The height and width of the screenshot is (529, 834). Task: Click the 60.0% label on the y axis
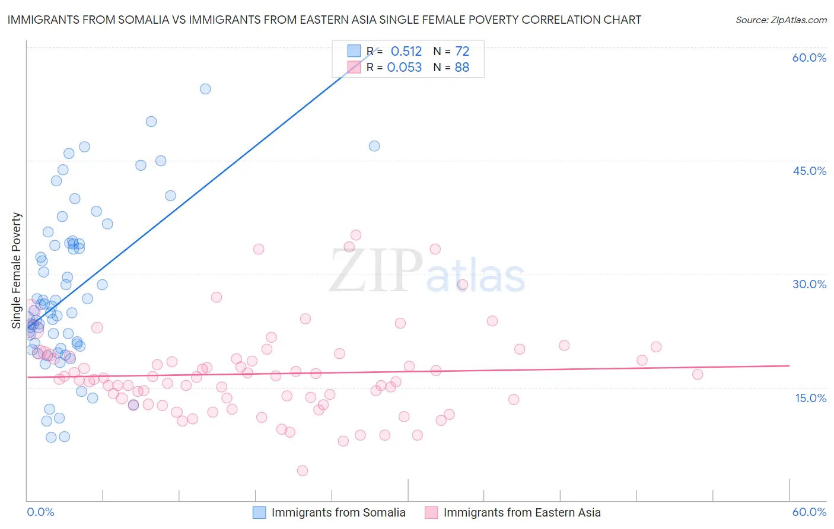[809, 58]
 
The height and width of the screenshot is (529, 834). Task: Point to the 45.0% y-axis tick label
[809, 171]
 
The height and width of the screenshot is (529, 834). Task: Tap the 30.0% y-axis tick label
[809, 284]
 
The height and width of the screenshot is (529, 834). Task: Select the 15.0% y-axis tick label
[810, 398]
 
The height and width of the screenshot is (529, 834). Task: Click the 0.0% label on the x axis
[41, 512]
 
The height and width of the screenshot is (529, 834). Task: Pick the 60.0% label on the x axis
[809, 512]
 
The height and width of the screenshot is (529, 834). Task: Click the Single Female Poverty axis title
[17, 270]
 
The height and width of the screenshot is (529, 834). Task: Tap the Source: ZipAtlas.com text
[781, 20]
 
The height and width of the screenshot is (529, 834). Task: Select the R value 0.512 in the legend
[406, 52]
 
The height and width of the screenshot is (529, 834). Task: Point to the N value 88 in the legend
[461, 68]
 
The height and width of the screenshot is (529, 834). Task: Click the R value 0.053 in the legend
[404, 68]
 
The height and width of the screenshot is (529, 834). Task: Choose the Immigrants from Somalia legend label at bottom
[338, 512]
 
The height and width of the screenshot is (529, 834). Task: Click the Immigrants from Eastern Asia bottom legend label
[522, 512]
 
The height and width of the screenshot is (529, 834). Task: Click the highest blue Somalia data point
[205, 89]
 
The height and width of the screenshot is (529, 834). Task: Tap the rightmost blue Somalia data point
[374, 146]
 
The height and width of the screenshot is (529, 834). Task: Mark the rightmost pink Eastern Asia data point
[698, 374]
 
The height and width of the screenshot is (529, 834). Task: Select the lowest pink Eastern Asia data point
[303, 471]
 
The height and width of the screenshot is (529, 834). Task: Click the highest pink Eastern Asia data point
[356, 235]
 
